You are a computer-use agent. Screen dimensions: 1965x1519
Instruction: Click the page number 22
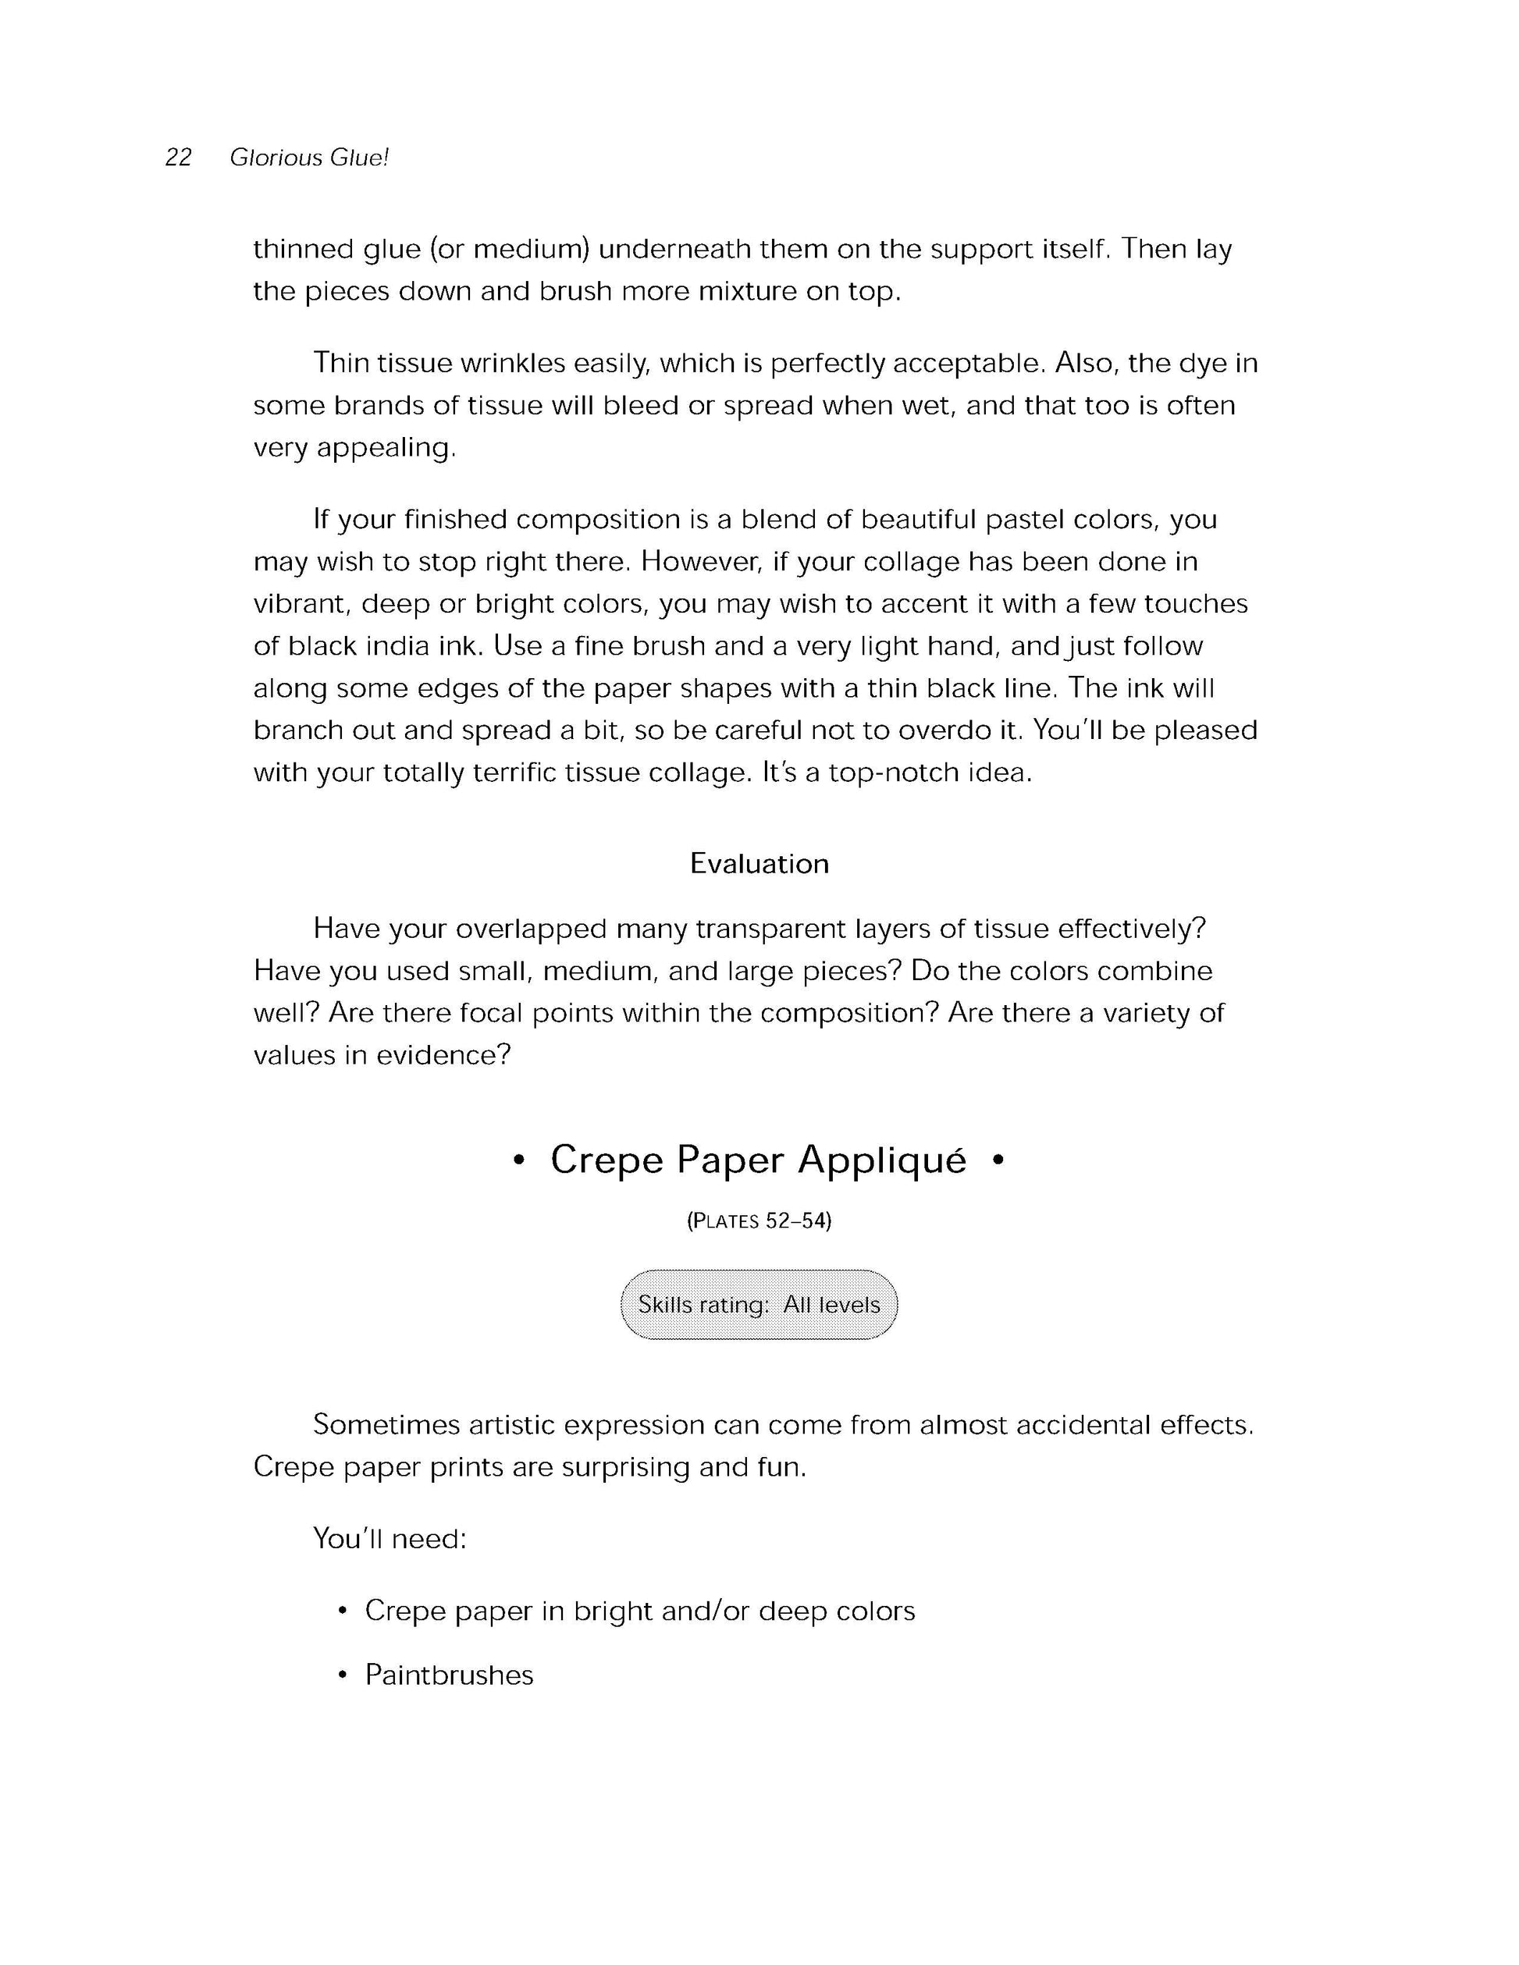(178, 158)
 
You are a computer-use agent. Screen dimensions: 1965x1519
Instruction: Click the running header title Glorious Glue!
(308, 158)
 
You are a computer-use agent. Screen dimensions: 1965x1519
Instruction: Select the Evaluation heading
(759, 864)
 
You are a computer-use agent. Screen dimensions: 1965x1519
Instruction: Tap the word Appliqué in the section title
(882, 1160)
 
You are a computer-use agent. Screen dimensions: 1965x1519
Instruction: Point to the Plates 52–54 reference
(759, 1221)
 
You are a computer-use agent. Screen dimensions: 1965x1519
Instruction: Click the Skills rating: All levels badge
(759, 1305)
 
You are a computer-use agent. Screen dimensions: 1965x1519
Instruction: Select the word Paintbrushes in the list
(449, 1675)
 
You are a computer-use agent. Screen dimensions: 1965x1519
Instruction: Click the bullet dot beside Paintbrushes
(342, 1676)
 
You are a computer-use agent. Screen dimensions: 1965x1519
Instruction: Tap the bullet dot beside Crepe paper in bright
(342, 1611)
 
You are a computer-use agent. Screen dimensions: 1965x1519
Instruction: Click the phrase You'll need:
(390, 1539)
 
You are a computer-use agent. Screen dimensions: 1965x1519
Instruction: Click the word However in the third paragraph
(702, 563)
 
